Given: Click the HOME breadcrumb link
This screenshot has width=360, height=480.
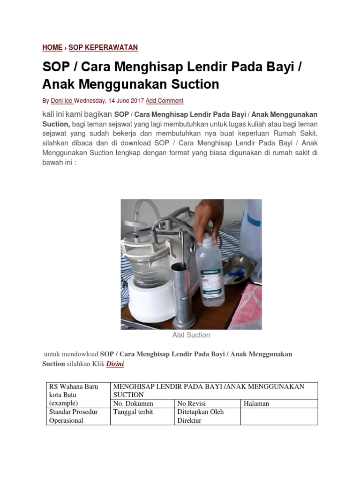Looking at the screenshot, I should pyautogui.click(x=52, y=47).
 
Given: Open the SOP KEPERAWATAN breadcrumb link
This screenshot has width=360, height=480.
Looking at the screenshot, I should pyautogui.click(x=103, y=47).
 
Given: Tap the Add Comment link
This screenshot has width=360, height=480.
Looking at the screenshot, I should pyautogui.click(x=165, y=101).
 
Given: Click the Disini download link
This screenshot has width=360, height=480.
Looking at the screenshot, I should pyautogui.click(x=115, y=363).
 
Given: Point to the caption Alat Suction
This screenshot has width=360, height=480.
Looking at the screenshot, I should pyautogui.click(x=191, y=335).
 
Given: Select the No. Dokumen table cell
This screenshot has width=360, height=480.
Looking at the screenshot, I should pyautogui.click(x=133, y=404).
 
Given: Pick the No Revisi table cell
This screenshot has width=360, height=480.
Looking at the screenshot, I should pyautogui.click(x=191, y=404).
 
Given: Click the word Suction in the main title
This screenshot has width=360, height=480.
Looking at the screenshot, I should pyautogui.click(x=192, y=84).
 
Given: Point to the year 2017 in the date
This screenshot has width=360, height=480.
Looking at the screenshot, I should pyautogui.click(x=136, y=101).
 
